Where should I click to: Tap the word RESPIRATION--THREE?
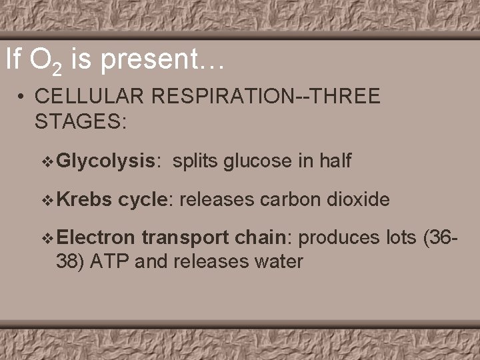[x=266, y=97]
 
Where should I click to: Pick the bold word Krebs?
[x=85, y=198]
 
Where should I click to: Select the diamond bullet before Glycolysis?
[x=46, y=161]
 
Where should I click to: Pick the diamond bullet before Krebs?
[x=46, y=199]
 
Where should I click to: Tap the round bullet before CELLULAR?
[x=23, y=98]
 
